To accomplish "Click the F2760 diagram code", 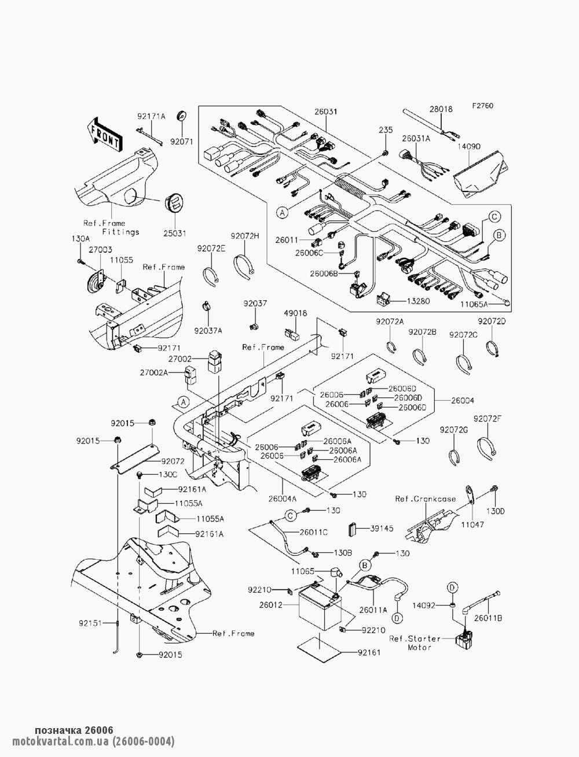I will coord(483,106).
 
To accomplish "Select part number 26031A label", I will coord(417,139).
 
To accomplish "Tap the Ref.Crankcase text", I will coord(425,498).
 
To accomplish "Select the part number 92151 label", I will coord(91,623).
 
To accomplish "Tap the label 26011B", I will coord(488,618).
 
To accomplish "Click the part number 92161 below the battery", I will coord(369,653).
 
